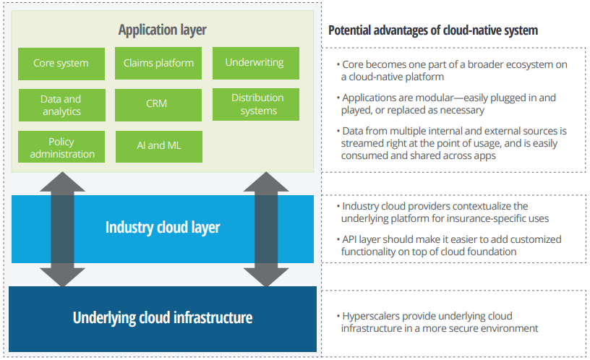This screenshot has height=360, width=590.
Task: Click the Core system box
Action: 61,64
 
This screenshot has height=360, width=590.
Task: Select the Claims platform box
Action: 158,63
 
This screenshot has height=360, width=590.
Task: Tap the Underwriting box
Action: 256,63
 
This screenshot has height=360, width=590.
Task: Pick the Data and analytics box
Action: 62,105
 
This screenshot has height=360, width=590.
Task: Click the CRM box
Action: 158,105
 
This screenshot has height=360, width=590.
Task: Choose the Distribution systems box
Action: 256,104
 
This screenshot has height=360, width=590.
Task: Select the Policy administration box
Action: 61,147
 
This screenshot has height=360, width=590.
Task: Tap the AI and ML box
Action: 159,147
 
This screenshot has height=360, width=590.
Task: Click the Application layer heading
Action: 162,30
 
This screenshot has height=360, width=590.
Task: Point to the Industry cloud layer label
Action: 163,228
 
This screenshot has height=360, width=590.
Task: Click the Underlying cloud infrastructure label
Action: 163,318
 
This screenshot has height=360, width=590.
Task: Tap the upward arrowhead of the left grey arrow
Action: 62,182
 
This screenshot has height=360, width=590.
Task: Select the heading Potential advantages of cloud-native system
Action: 433,30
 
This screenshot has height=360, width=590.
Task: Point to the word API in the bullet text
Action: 349,239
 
